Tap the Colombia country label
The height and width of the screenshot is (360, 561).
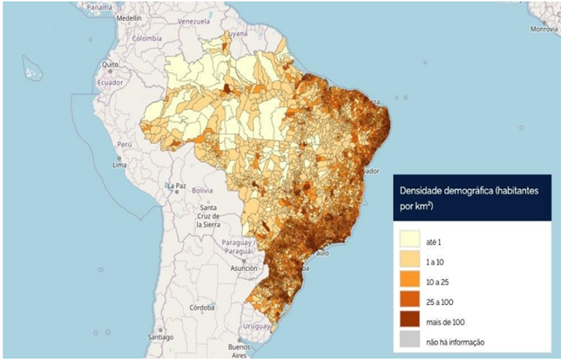(147, 38)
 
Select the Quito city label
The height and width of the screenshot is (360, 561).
(109, 65)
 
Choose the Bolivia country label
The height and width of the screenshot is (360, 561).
(202, 190)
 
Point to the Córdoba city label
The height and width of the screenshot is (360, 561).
(203, 307)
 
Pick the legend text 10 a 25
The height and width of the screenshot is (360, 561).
(440, 280)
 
